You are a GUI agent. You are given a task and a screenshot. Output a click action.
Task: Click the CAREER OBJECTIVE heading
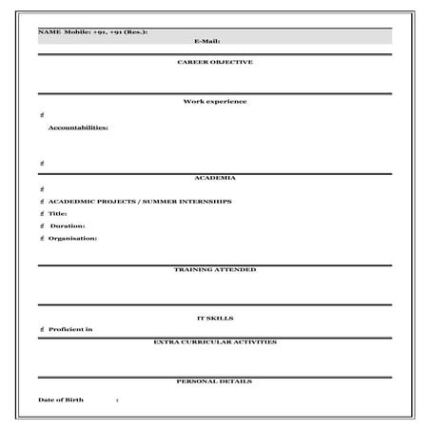pos(215,62)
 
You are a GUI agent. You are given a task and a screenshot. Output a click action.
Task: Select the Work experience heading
pos(215,101)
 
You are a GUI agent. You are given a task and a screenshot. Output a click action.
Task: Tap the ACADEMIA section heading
pos(215,178)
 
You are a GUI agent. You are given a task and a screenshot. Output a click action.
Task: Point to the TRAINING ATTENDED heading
pos(215,269)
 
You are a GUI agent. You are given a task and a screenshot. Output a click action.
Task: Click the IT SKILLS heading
pos(215,318)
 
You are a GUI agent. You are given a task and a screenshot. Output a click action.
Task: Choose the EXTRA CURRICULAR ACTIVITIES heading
pos(215,341)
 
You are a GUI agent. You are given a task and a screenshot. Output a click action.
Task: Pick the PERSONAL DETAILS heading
pos(215,381)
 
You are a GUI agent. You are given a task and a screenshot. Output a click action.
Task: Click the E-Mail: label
pos(206,42)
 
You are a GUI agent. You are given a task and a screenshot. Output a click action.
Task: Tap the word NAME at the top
pos(49,32)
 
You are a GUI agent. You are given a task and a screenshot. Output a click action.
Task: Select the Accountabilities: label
pos(78,127)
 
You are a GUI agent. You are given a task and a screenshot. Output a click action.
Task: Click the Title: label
pos(58,214)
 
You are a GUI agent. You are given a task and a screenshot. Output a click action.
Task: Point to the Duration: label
pos(68,226)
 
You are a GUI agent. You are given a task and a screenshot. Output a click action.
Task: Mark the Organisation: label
pos(72,238)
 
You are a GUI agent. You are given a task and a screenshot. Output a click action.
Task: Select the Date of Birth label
pos(61,400)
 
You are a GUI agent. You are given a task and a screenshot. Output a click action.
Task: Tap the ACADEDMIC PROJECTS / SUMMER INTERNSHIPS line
pos(140,202)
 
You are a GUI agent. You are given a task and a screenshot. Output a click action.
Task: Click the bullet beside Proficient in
pos(42,329)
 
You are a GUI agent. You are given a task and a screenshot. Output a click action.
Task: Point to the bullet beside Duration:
pos(42,226)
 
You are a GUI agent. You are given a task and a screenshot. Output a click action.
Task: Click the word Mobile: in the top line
pos(78,32)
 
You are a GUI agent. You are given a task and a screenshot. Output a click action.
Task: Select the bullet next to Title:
pos(42,214)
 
